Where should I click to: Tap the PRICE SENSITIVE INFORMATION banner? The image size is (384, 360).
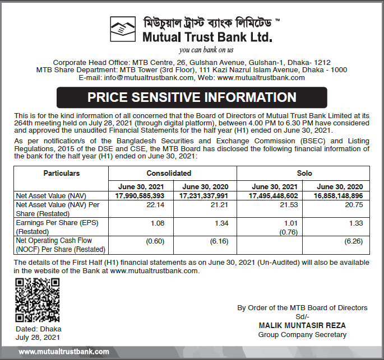(x=192, y=97)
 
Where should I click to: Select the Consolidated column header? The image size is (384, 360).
(x=173, y=174)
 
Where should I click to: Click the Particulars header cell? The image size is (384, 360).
(x=62, y=174)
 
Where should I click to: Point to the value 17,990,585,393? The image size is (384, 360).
(x=140, y=196)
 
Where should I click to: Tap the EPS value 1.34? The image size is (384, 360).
(x=220, y=224)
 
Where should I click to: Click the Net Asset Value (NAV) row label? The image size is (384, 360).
(x=50, y=196)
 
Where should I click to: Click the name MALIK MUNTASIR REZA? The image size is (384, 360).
(x=302, y=325)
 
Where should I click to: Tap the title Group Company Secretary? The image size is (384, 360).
(x=302, y=335)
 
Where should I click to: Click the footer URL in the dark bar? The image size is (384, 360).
(x=64, y=352)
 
